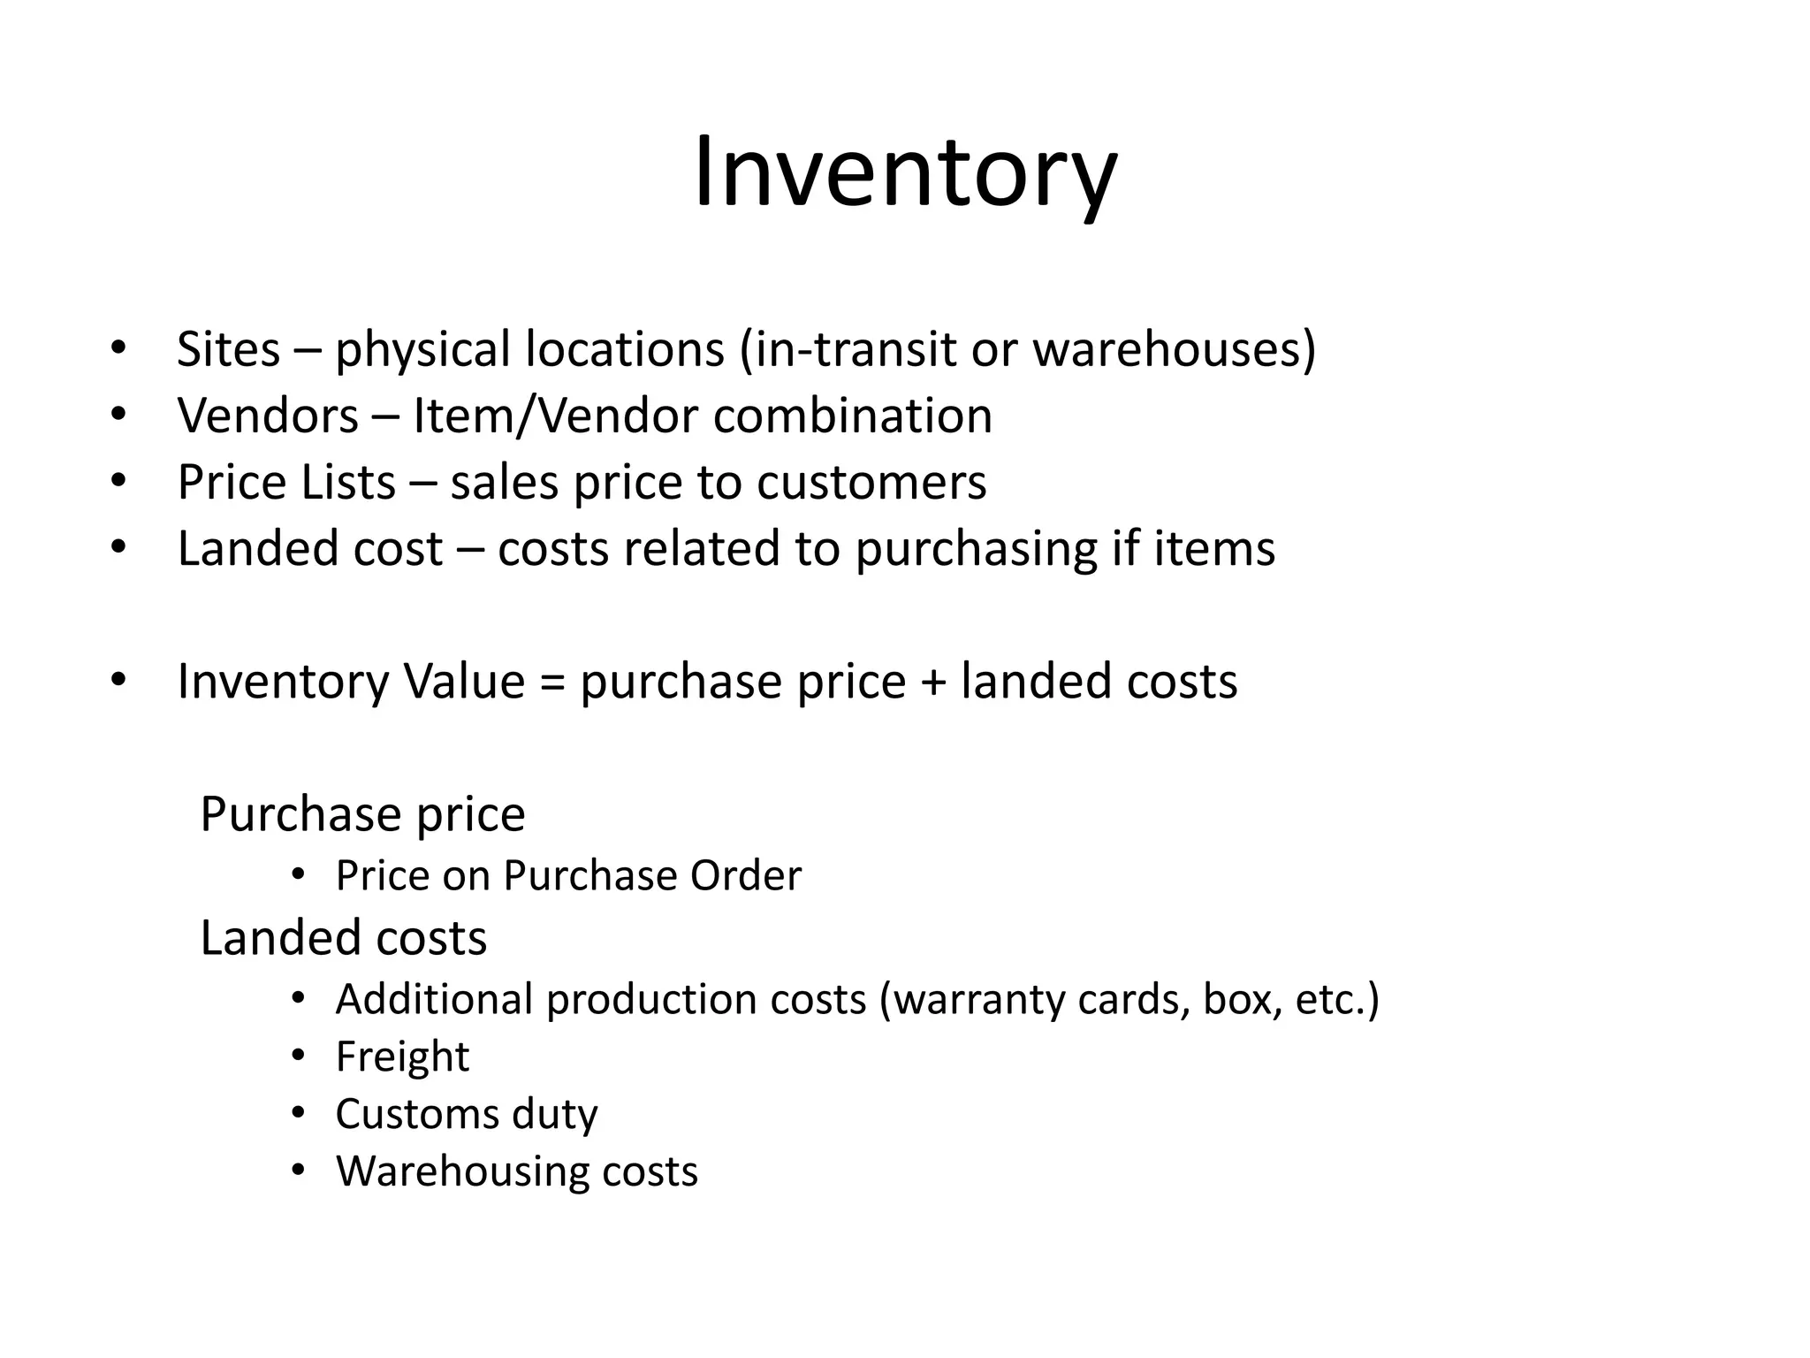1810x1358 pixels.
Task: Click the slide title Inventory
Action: (905, 172)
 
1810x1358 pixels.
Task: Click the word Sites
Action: (228, 349)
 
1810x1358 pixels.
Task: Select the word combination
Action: (853, 416)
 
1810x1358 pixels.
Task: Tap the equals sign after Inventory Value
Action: (552, 683)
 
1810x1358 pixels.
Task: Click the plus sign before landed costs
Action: (933, 683)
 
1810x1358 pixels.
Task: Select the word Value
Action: (464, 682)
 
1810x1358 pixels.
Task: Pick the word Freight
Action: (402, 1057)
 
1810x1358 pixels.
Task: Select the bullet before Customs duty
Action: (298, 1112)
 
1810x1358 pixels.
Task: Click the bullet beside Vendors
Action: (118, 414)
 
